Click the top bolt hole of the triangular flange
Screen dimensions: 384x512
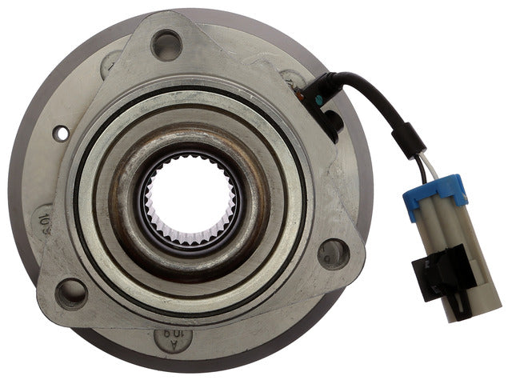pyautogui.click(x=166, y=44)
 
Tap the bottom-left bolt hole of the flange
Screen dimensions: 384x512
pyautogui.click(x=72, y=293)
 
